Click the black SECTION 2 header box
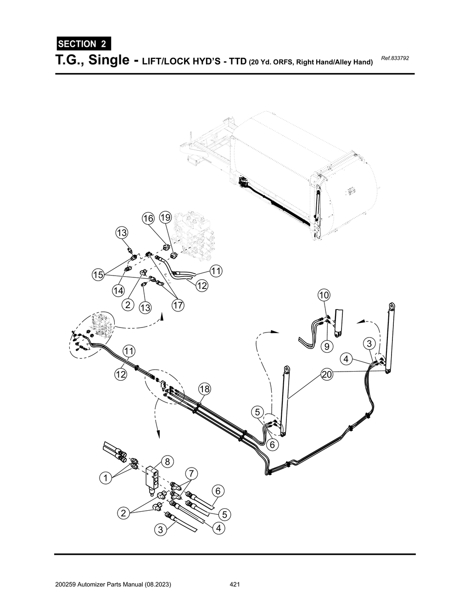pyautogui.click(x=83, y=44)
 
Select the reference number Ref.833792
pyautogui.click(x=395, y=59)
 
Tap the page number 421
pyautogui.click(x=235, y=585)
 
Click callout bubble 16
pyautogui.click(x=148, y=219)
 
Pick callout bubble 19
pyautogui.click(x=165, y=217)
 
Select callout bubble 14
pyautogui.click(x=118, y=290)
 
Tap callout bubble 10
pyautogui.click(x=324, y=294)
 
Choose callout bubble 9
pyautogui.click(x=326, y=346)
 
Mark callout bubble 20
pyautogui.click(x=326, y=375)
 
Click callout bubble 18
pyautogui.click(x=204, y=389)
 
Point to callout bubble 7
pyautogui.click(x=191, y=473)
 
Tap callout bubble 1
pyautogui.click(x=106, y=478)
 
